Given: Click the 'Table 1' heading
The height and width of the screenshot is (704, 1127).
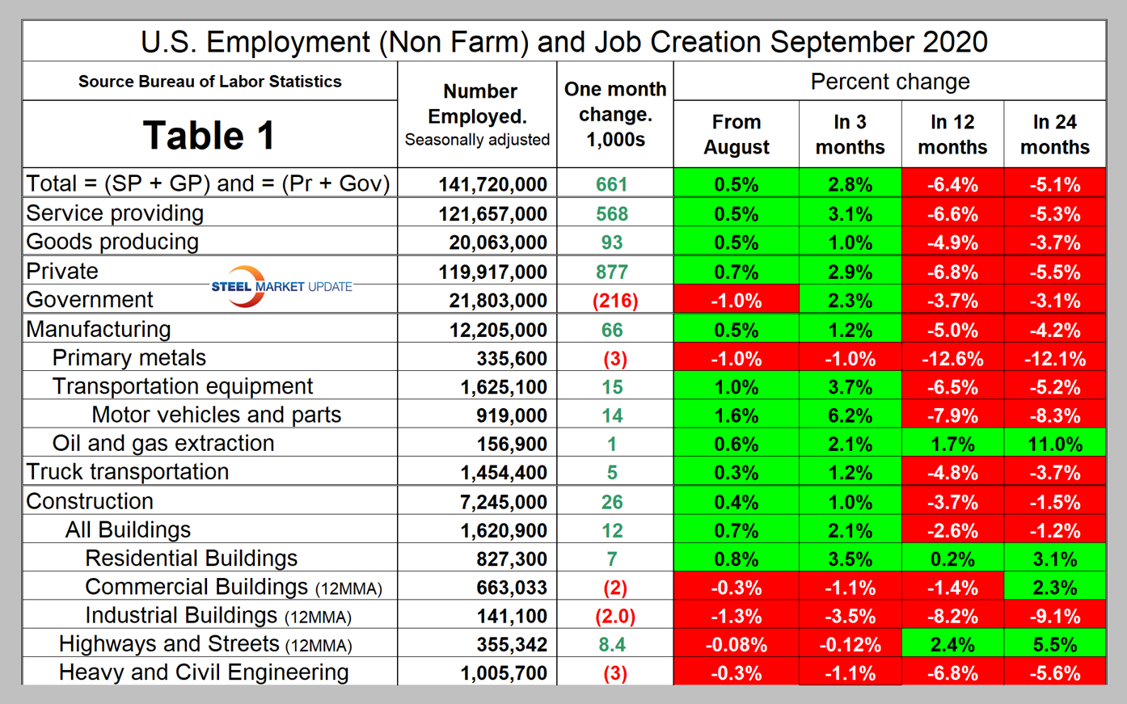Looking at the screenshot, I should pyautogui.click(x=209, y=135).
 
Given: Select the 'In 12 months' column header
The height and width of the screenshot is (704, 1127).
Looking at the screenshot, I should pyautogui.click(x=952, y=134).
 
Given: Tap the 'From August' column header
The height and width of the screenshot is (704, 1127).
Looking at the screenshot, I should pyautogui.click(x=736, y=134).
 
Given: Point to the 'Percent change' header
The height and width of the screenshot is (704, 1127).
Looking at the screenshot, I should pyautogui.click(x=889, y=82).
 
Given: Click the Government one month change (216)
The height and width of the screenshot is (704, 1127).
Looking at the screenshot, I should pyautogui.click(x=614, y=301).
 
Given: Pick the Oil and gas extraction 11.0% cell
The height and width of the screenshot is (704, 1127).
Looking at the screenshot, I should pyautogui.click(x=1055, y=444).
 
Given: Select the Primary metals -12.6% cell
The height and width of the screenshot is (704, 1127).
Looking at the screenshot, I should pyautogui.click(x=952, y=359).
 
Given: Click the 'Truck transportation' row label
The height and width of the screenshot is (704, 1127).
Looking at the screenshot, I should pyautogui.click(x=128, y=472).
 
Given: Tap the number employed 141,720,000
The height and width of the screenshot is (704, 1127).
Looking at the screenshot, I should pyautogui.click(x=492, y=184).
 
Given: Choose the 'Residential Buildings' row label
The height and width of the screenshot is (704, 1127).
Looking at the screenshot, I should pyautogui.click(x=191, y=559).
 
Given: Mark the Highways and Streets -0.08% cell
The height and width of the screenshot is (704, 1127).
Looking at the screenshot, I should pyautogui.click(x=736, y=645).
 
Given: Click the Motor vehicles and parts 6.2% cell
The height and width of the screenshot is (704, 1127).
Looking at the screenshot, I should pyautogui.click(x=850, y=415).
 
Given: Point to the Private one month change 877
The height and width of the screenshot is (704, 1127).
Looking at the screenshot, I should pyautogui.click(x=612, y=272).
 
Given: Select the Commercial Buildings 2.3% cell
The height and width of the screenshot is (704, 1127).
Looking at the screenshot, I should pyautogui.click(x=1055, y=588).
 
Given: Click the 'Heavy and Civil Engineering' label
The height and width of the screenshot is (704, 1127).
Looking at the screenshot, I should pyautogui.click(x=204, y=672).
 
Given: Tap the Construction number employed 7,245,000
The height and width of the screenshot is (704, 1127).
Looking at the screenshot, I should pyautogui.click(x=503, y=502).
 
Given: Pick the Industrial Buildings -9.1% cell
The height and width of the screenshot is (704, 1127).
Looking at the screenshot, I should pyautogui.click(x=1055, y=616).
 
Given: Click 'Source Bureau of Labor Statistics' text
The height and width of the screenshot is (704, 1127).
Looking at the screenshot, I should pyautogui.click(x=209, y=82).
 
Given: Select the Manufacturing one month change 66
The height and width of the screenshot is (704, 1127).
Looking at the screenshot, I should pyautogui.click(x=612, y=330).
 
